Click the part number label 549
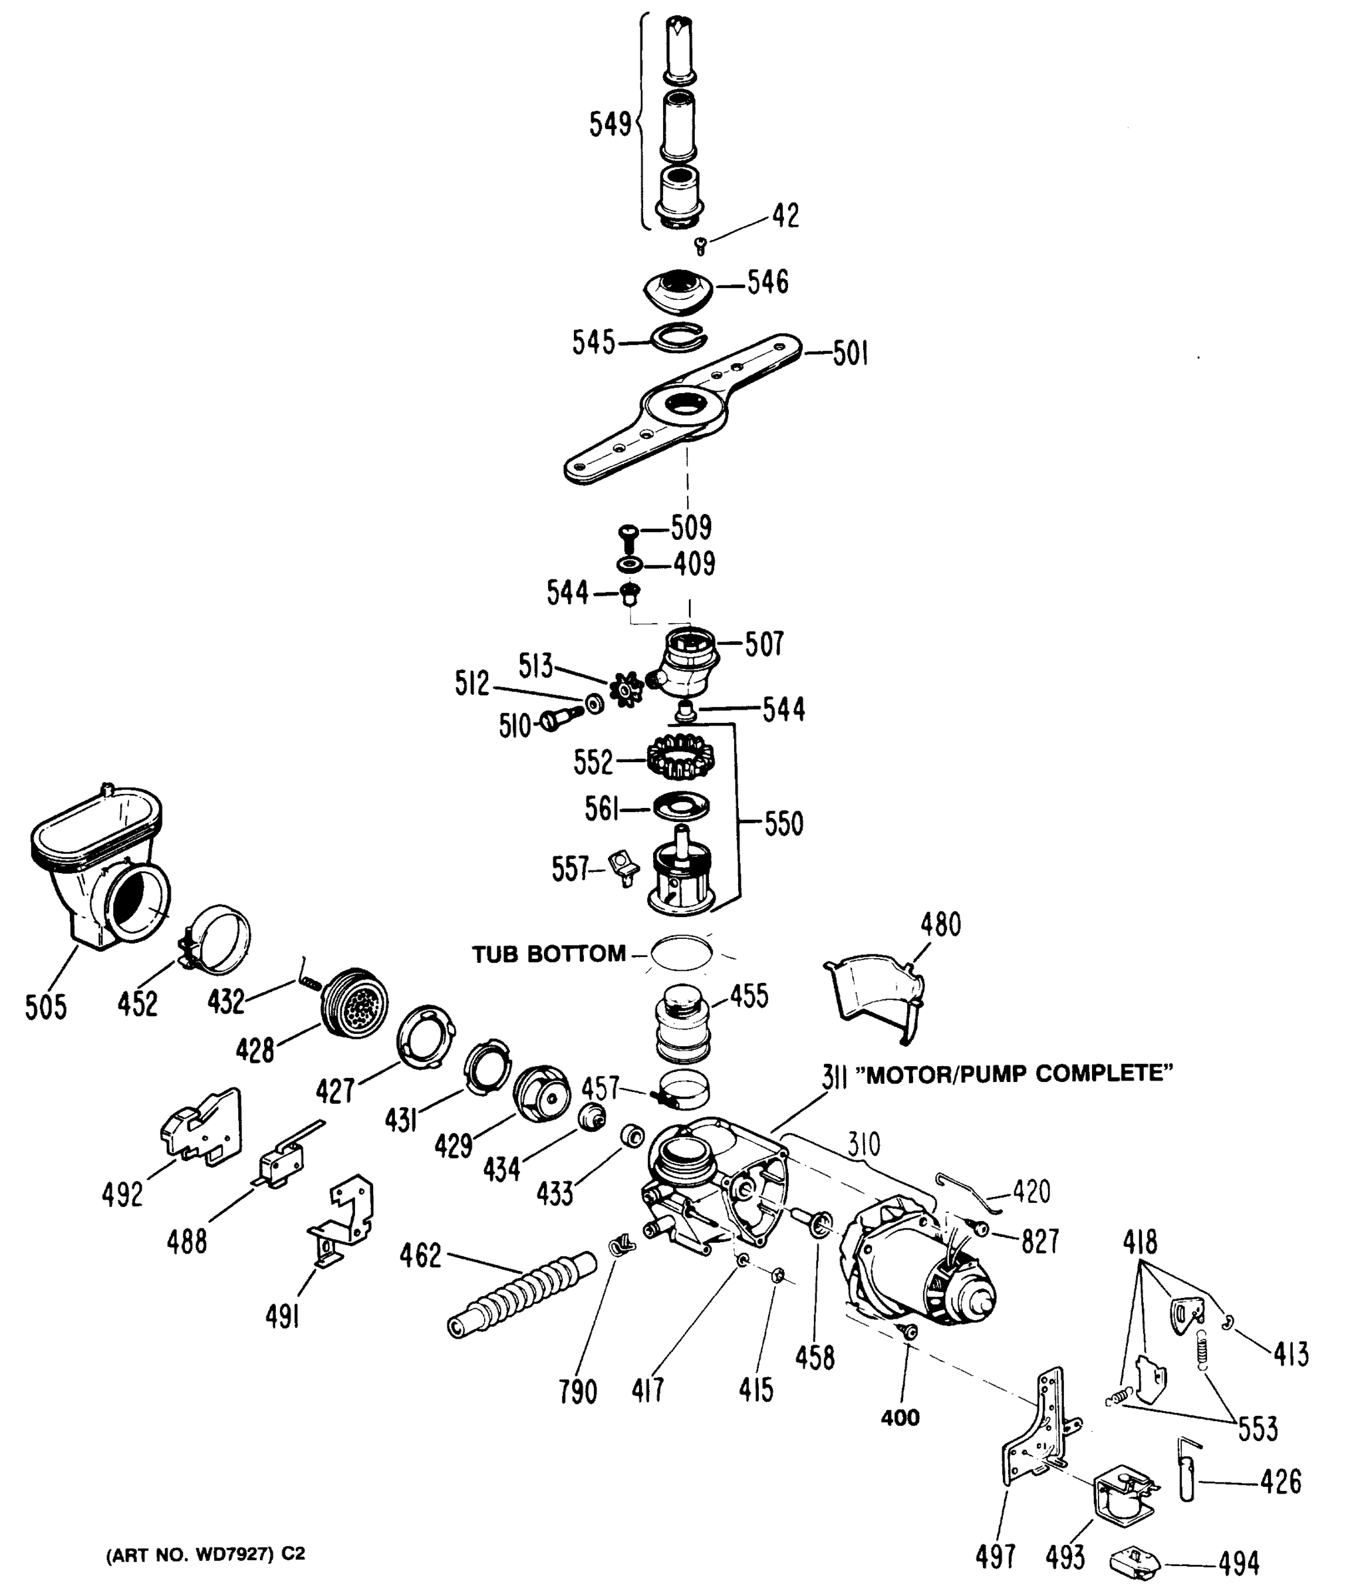[609, 124]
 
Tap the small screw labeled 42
[700, 246]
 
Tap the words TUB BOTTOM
[548, 954]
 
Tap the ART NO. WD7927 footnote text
[205, 1555]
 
